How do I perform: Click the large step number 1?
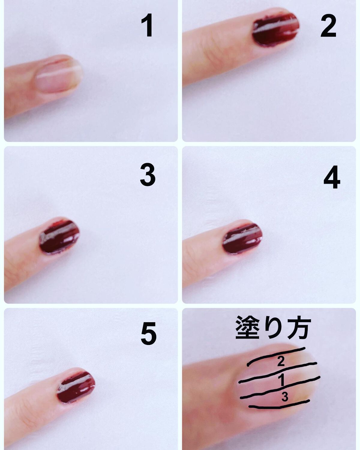(147, 25)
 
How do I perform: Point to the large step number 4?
(332, 177)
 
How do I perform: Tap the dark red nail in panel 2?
(276, 29)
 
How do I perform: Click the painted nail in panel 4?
(242, 238)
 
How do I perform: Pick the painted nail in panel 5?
(76, 386)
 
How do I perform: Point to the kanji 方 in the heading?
(299, 328)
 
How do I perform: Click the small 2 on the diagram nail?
(281, 361)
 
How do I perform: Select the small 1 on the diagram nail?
(282, 380)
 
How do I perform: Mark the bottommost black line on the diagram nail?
(279, 407)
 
